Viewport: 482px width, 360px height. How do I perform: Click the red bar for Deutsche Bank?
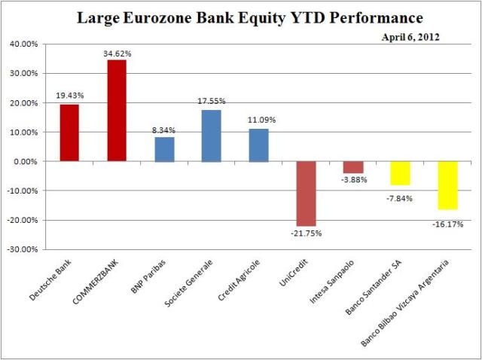(69, 133)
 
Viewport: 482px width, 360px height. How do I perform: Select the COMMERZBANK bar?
(117, 110)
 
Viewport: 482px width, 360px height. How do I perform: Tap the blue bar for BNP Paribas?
(164, 149)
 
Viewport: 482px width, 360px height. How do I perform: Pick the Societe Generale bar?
(211, 136)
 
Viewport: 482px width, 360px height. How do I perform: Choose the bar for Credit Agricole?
(258, 145)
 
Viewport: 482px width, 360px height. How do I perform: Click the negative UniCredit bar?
(305, 194)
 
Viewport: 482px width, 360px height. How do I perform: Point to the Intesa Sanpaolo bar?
(352, 167)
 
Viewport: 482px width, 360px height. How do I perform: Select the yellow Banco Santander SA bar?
(400, 173)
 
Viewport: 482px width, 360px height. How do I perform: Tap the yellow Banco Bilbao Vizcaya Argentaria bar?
(447, 185)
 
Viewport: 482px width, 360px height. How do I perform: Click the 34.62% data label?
(117, 54)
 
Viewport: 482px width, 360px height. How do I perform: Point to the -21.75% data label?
(307, 233)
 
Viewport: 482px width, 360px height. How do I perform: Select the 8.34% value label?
(164, 131)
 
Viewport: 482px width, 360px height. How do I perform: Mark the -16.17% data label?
(447, 224)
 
